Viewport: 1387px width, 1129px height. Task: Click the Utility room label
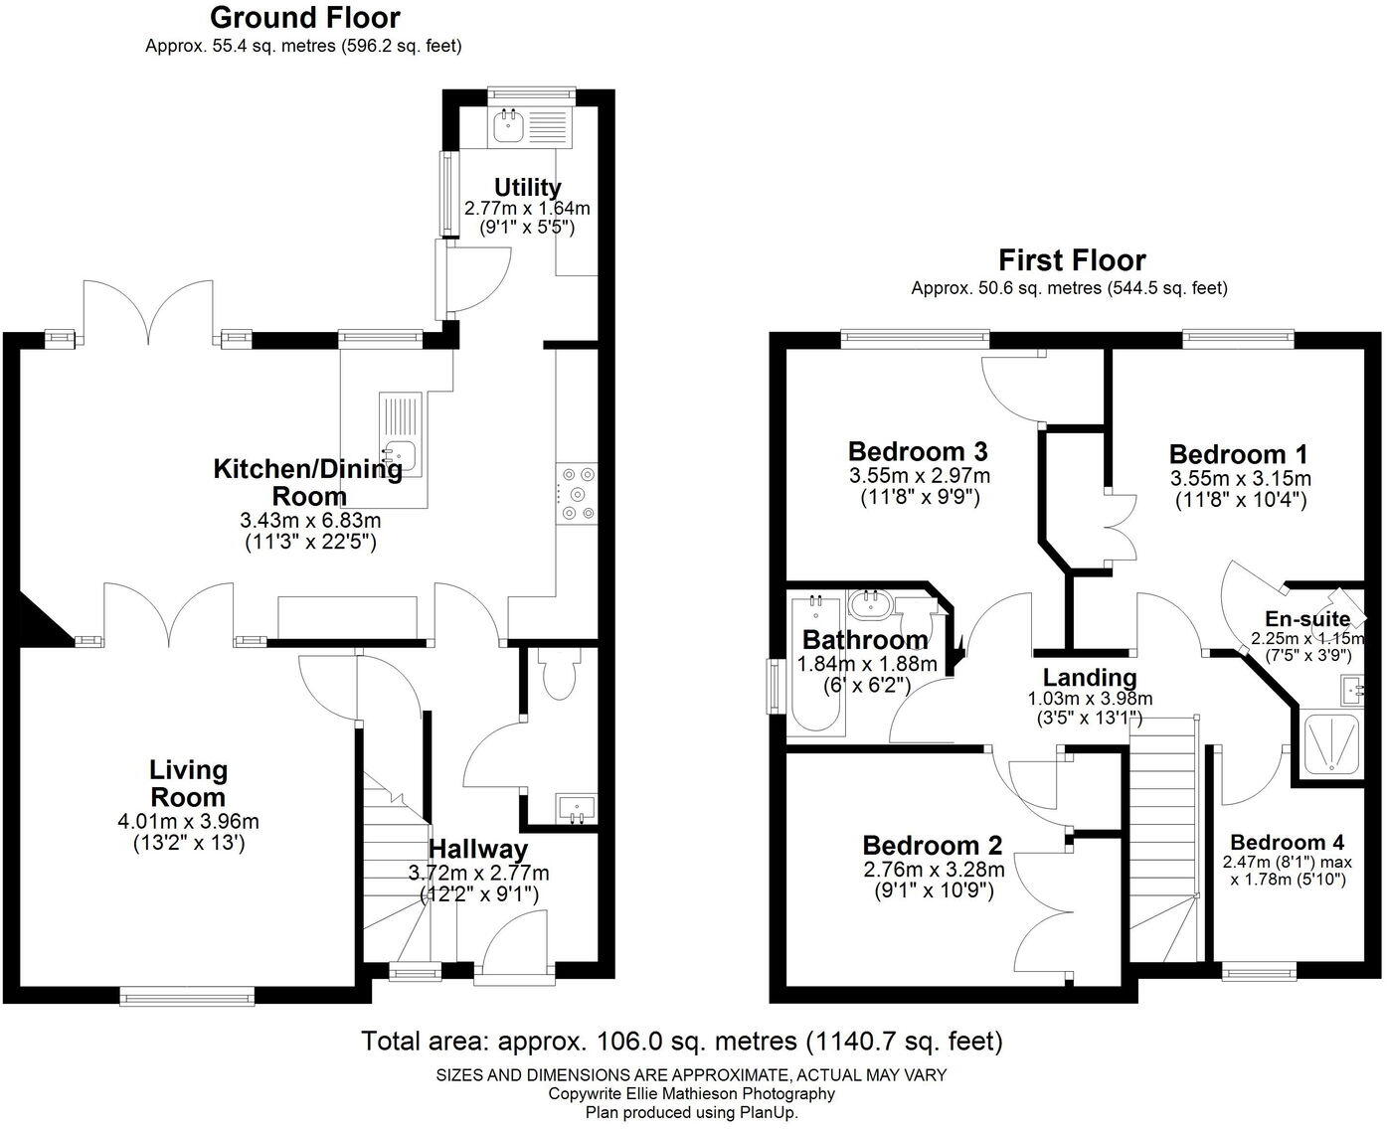pos(527,188)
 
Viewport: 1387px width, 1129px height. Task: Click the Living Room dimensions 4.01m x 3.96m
pos(188,821)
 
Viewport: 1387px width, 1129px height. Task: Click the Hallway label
pos(478,849)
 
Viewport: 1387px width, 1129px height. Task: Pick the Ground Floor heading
pos(305,18)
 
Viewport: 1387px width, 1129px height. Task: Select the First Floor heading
pos(1072,260)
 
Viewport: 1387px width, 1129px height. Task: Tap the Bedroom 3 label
pos(918,451)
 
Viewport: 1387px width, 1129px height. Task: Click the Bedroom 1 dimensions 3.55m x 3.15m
pos(1241,478)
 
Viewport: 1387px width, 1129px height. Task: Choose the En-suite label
pos(1307,617)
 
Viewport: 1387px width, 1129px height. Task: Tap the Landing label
pos(1090,678)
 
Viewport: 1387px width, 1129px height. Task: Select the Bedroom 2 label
pos(933,846)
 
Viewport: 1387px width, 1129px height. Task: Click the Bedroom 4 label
pos(1288,843)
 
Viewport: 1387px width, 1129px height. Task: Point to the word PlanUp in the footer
pos(767,1113)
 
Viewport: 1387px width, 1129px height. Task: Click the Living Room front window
pos(188,996)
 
